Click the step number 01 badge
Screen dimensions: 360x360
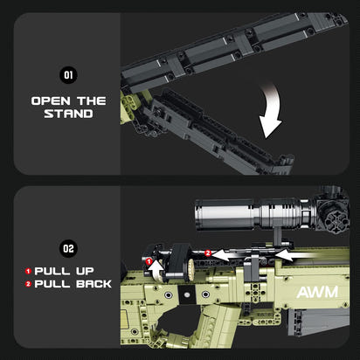67,75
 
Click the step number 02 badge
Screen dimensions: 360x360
67,248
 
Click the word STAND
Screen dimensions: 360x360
68,114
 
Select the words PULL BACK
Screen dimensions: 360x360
74,285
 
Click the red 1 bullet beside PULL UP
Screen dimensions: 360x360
28,271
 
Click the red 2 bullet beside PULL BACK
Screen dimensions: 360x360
28,285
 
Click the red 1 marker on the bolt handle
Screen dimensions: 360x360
149,261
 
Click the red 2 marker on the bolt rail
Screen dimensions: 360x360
207,253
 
